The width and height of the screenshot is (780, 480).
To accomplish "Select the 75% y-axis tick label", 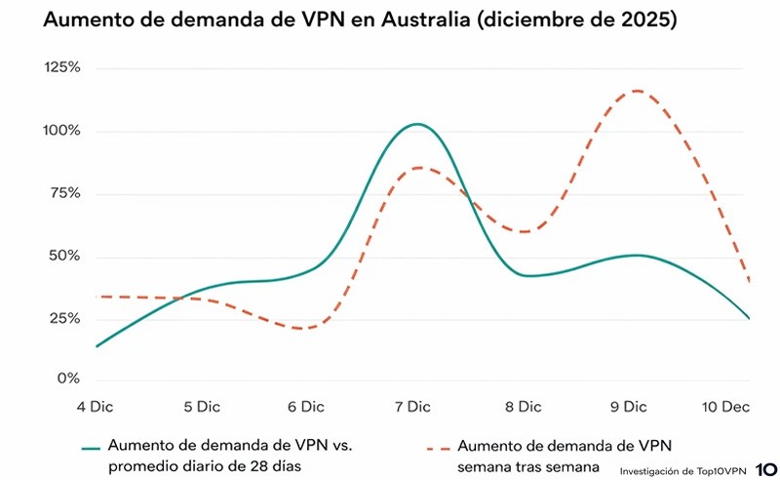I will click(64, 193).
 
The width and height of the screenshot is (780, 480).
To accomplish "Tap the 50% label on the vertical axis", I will click(64, 257).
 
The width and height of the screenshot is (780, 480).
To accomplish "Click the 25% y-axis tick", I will click(64, 319).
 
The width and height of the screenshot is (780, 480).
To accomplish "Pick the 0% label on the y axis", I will click(68, 379).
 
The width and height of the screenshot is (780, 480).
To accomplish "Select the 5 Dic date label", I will click(202, 406).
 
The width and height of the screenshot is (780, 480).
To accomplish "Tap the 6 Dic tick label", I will click(307, 406).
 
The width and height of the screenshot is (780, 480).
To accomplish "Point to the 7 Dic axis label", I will click(413, 406).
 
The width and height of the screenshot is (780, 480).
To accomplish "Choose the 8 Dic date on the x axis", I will click(523, 406).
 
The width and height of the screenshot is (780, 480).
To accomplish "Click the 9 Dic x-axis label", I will click(629, 406).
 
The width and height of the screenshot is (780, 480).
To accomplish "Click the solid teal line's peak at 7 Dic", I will click(417, 124).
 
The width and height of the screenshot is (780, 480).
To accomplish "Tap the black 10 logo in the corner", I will click(764, 470).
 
